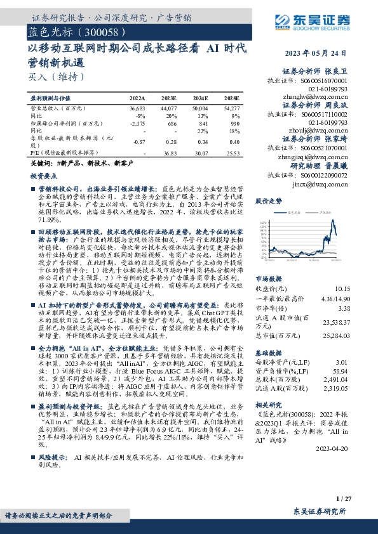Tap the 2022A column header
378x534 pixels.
click(x=137, y=99)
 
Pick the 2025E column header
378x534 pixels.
click(x=232, y=99)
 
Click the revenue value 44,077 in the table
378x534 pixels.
click(x=168, y=108)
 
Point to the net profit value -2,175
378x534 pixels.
click(x=137, y=124)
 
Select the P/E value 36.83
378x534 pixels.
click(x=168, y=153)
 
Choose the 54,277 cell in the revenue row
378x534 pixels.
click(x=231, y=108)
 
